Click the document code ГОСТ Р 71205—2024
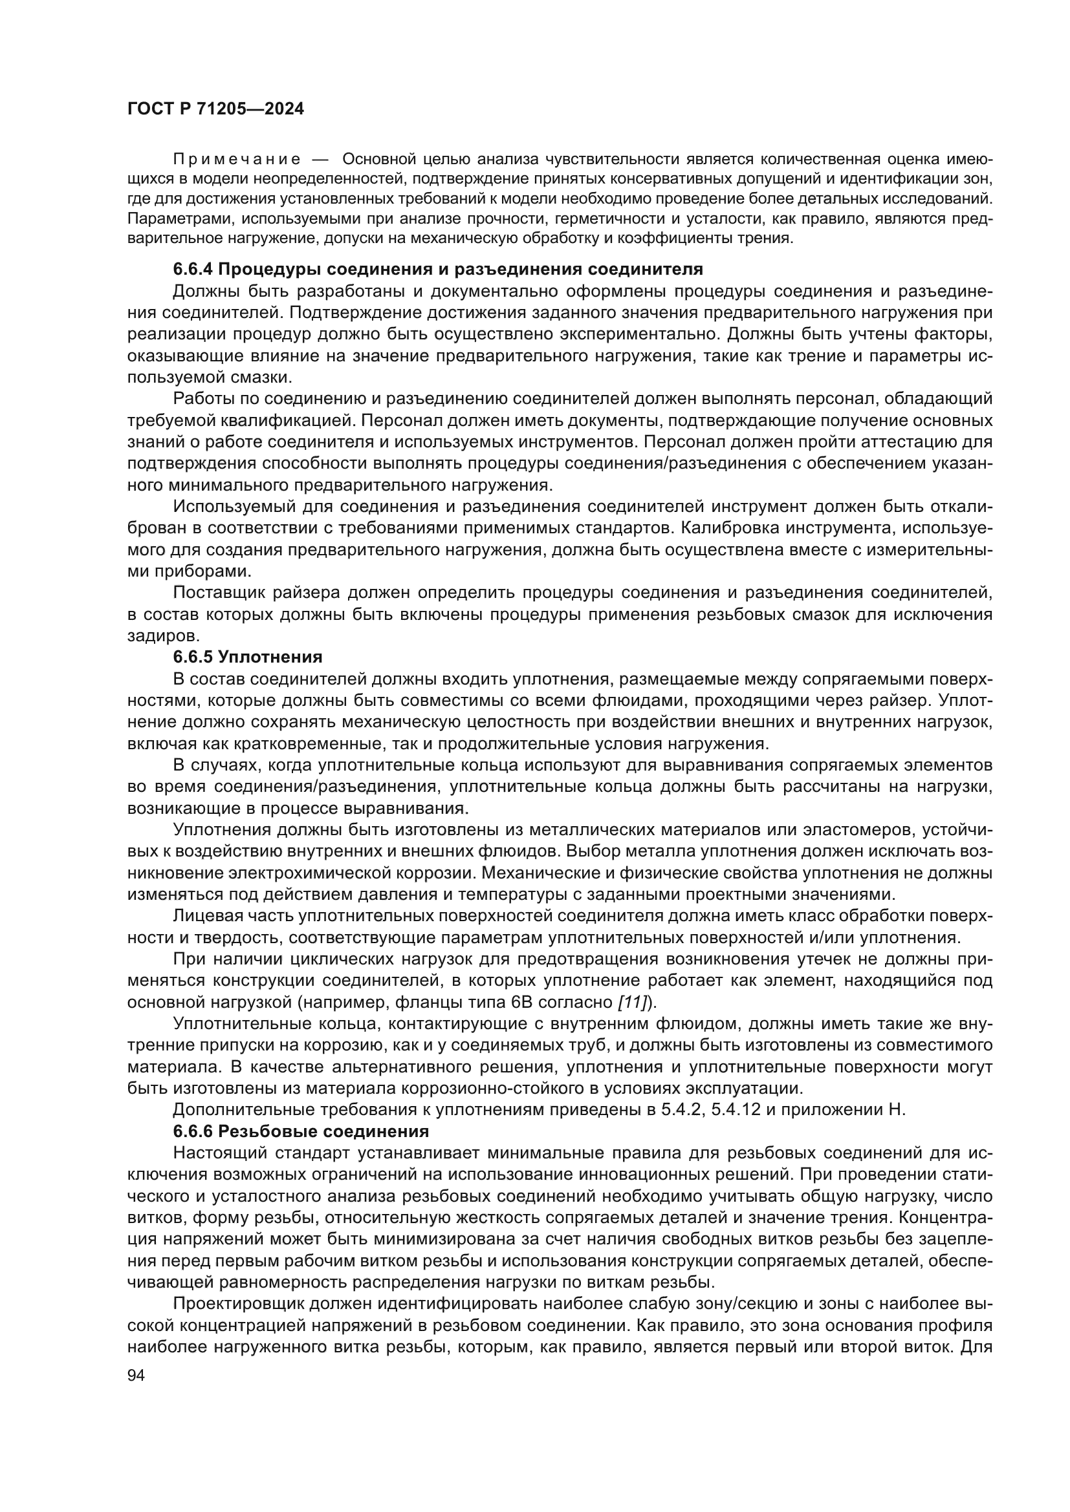point(215,109)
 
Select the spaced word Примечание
point(237,160)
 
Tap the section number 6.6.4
point(193,270)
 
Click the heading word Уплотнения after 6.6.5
point(270,657)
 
